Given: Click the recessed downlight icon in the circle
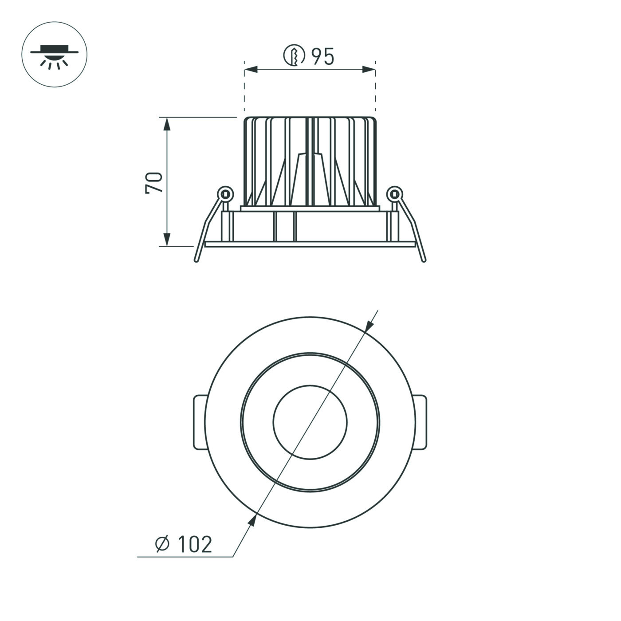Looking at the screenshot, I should point(54,54).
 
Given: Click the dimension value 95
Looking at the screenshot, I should point(322,56).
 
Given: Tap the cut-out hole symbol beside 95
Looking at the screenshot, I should point(294,55).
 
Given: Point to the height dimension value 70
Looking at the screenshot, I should point(154,182).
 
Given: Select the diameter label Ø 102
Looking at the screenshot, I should point(184,544).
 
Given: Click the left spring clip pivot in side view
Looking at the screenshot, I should point(225,193).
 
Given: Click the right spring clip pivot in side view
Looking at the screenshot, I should point(393,193).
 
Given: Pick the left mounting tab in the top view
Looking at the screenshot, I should point(199,422).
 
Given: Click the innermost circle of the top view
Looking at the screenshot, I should point(310,422).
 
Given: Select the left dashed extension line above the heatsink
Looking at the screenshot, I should point(244,89).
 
